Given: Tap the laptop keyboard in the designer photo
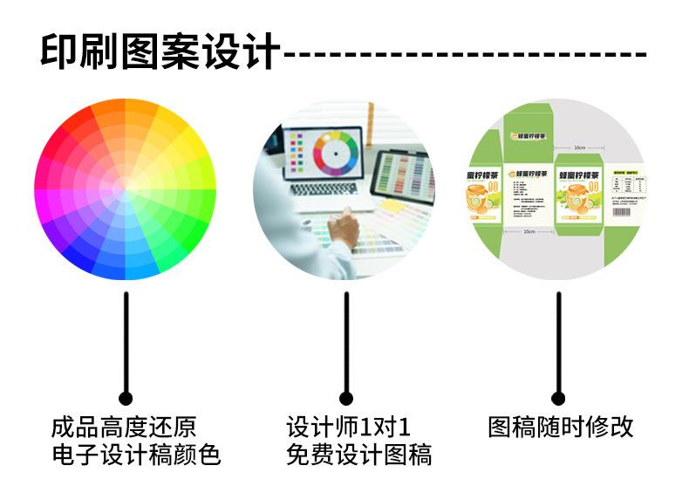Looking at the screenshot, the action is [322, 188].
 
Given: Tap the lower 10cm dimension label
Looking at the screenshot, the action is [529, 232].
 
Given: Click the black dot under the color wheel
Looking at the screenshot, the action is [126, 397].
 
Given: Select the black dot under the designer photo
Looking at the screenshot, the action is [346, 399].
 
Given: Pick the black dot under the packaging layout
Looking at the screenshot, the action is [558, 399].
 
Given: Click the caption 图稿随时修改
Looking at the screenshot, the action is [560, 427].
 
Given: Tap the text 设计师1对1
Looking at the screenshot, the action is [348, 428].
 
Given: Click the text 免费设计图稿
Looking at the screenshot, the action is [358, 455].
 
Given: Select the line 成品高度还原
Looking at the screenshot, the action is [124, 428].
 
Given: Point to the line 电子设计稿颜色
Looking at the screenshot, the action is [135, 455].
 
